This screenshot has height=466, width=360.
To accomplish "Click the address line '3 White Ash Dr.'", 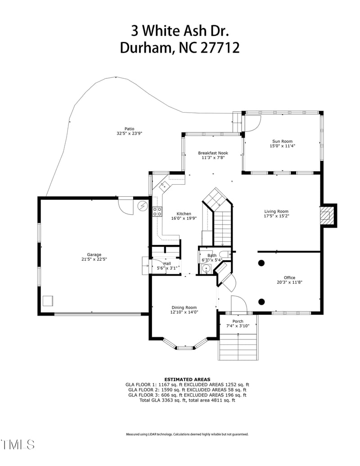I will (x=180, y=31).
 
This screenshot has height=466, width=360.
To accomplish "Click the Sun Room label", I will (x=282, y=141).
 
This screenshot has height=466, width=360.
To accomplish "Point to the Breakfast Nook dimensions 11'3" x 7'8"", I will (x=213, y=158).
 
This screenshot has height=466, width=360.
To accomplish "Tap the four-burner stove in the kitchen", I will (x=157, y=212).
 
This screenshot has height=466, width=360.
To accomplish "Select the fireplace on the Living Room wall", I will (x=328, y=215).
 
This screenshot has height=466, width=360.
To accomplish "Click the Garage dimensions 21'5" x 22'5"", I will (x=94, y=259).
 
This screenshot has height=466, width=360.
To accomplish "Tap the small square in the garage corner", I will (x=48, y=301).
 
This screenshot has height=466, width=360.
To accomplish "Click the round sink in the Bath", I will (x=207, y=269).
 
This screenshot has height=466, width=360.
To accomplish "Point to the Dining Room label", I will (x=184, y=308).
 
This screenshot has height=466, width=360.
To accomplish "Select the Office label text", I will (x=289, y=278).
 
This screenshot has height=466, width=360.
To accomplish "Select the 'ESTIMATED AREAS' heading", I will (x=187, y=380).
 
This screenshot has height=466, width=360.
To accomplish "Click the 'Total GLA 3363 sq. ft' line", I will (x=187, y=400).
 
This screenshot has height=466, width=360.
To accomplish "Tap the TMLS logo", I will (x=18, y=444).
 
